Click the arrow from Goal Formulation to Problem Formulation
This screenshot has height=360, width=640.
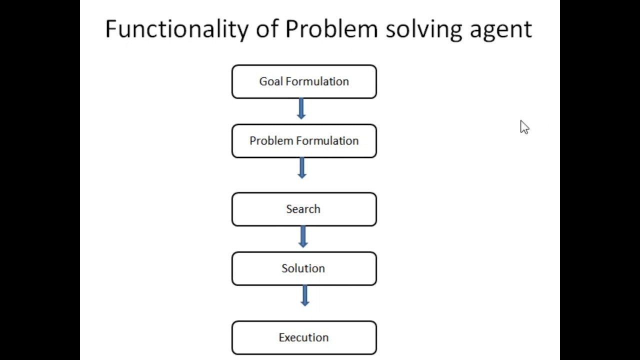[301, 108]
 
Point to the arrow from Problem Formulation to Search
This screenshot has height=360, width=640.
[301, 168]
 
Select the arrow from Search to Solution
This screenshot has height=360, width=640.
[302, 236]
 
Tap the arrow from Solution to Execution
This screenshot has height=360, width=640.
[304, 295]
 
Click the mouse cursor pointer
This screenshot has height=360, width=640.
[524, 127]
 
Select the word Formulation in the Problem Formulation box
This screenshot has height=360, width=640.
[327, 141]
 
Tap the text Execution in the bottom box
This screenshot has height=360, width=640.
[303, 337]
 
